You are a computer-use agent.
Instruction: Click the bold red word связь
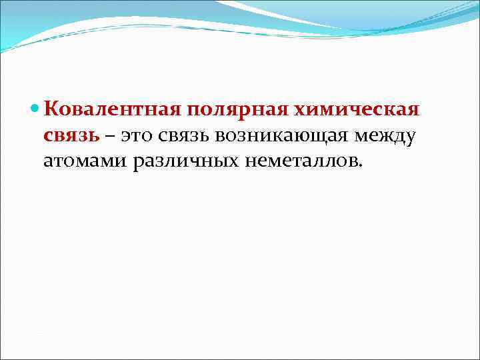pyautogui.click(x=71, y=135)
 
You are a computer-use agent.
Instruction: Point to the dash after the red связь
pyautogui.click(x=108, y=135)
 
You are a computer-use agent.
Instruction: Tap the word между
pyautogui.click(x=386, y=135)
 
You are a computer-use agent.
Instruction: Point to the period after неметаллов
pyautogui.click(x=363, y=167)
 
